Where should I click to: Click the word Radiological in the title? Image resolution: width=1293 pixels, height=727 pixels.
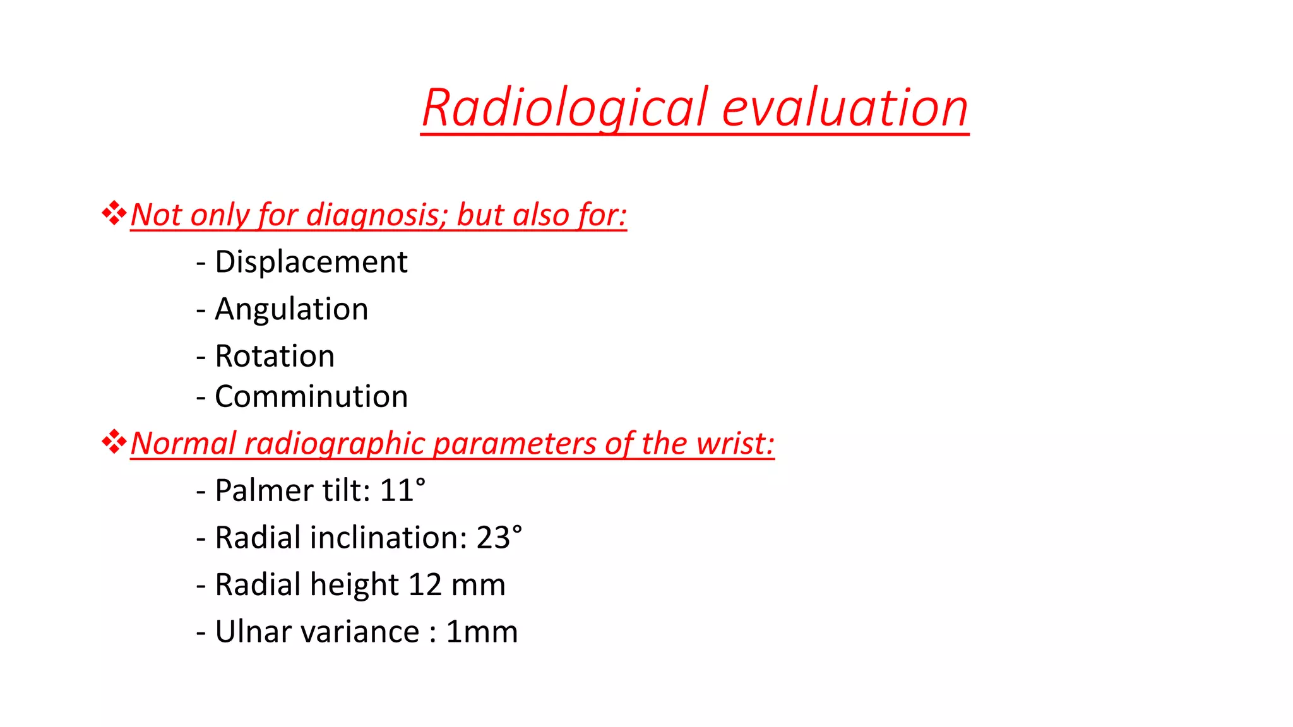(x=564, y=109)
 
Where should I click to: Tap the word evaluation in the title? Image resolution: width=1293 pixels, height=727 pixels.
(x=845, y=109)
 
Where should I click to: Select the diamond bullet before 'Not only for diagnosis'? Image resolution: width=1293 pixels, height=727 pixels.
(x=114, y=213)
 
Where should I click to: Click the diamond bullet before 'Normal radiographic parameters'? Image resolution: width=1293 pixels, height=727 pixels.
(x=114, y=442)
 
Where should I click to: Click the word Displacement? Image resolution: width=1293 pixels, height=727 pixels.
(x=311, y=262)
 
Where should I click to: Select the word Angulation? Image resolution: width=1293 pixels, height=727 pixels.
(x=291, y=309)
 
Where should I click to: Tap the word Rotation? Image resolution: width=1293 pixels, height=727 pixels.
(x=275, y=356)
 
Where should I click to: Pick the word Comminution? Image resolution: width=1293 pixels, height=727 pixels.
(x=311, y=397)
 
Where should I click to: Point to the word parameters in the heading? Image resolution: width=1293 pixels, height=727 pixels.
(x=515, y=444)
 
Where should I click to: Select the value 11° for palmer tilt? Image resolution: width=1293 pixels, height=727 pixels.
(x=403, y=491)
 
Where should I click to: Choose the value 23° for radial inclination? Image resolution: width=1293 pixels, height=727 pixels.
(x=499, y=538)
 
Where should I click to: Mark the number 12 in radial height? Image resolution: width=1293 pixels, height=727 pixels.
(x=425, y=585)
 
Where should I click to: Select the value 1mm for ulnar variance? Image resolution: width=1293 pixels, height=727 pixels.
(x=482, y=632)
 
